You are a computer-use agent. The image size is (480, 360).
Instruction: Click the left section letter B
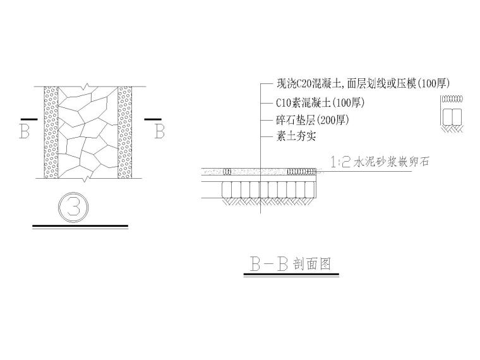pyautogui.click(x=25, y=131)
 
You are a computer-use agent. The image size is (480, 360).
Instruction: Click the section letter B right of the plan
pyautogui.click(x=159, y=131)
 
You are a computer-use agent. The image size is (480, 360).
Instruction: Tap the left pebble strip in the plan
pyautogui.click(x=51, y=132)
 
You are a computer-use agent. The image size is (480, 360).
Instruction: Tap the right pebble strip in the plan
pyautogui.click(x=124, y=132)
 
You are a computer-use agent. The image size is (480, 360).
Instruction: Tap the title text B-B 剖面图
pyautogui.click(x=291, y=264)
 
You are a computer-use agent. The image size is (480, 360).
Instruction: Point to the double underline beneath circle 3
pyautogui.click(x=80, y=225)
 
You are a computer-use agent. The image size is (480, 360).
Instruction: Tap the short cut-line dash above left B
pyautogui.click(x=27, y=117)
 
